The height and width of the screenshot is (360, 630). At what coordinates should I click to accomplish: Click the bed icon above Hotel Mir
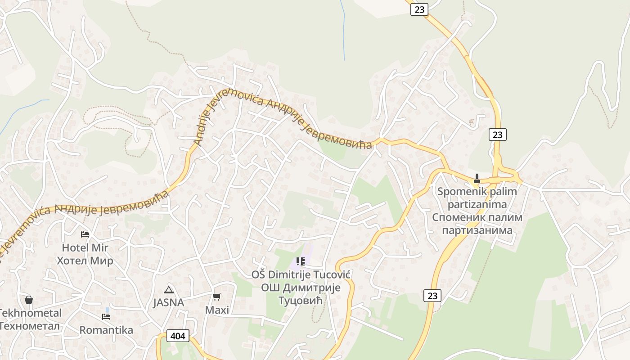click(85, 234)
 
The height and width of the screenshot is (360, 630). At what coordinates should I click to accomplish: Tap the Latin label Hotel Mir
click(85, 247)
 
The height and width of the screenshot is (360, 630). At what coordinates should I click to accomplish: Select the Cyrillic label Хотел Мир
click(85, 261)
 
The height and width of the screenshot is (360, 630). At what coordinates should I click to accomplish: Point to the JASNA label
click(169, 302)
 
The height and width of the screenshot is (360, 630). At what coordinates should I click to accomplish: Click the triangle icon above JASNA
click(169, 290)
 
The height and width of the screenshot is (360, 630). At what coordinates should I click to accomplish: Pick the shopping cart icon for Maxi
click(217, 297)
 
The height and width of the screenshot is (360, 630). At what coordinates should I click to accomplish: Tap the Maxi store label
click(217, 310)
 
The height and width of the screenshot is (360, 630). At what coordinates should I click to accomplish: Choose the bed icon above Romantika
click(106, 317)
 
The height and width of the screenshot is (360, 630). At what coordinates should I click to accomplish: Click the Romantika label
click(106, 330)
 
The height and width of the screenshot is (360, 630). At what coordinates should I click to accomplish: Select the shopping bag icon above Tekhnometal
click(29, 300)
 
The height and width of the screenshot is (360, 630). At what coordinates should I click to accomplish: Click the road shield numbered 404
click(178, 336)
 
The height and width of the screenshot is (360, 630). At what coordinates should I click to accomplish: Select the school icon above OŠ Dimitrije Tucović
click(301, 261)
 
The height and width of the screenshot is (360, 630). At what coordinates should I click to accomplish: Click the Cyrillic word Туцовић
click(301, 300)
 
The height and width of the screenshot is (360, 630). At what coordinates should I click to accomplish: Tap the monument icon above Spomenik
click(477, 179)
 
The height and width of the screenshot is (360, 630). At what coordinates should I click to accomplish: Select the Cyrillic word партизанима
click(477, 230)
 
